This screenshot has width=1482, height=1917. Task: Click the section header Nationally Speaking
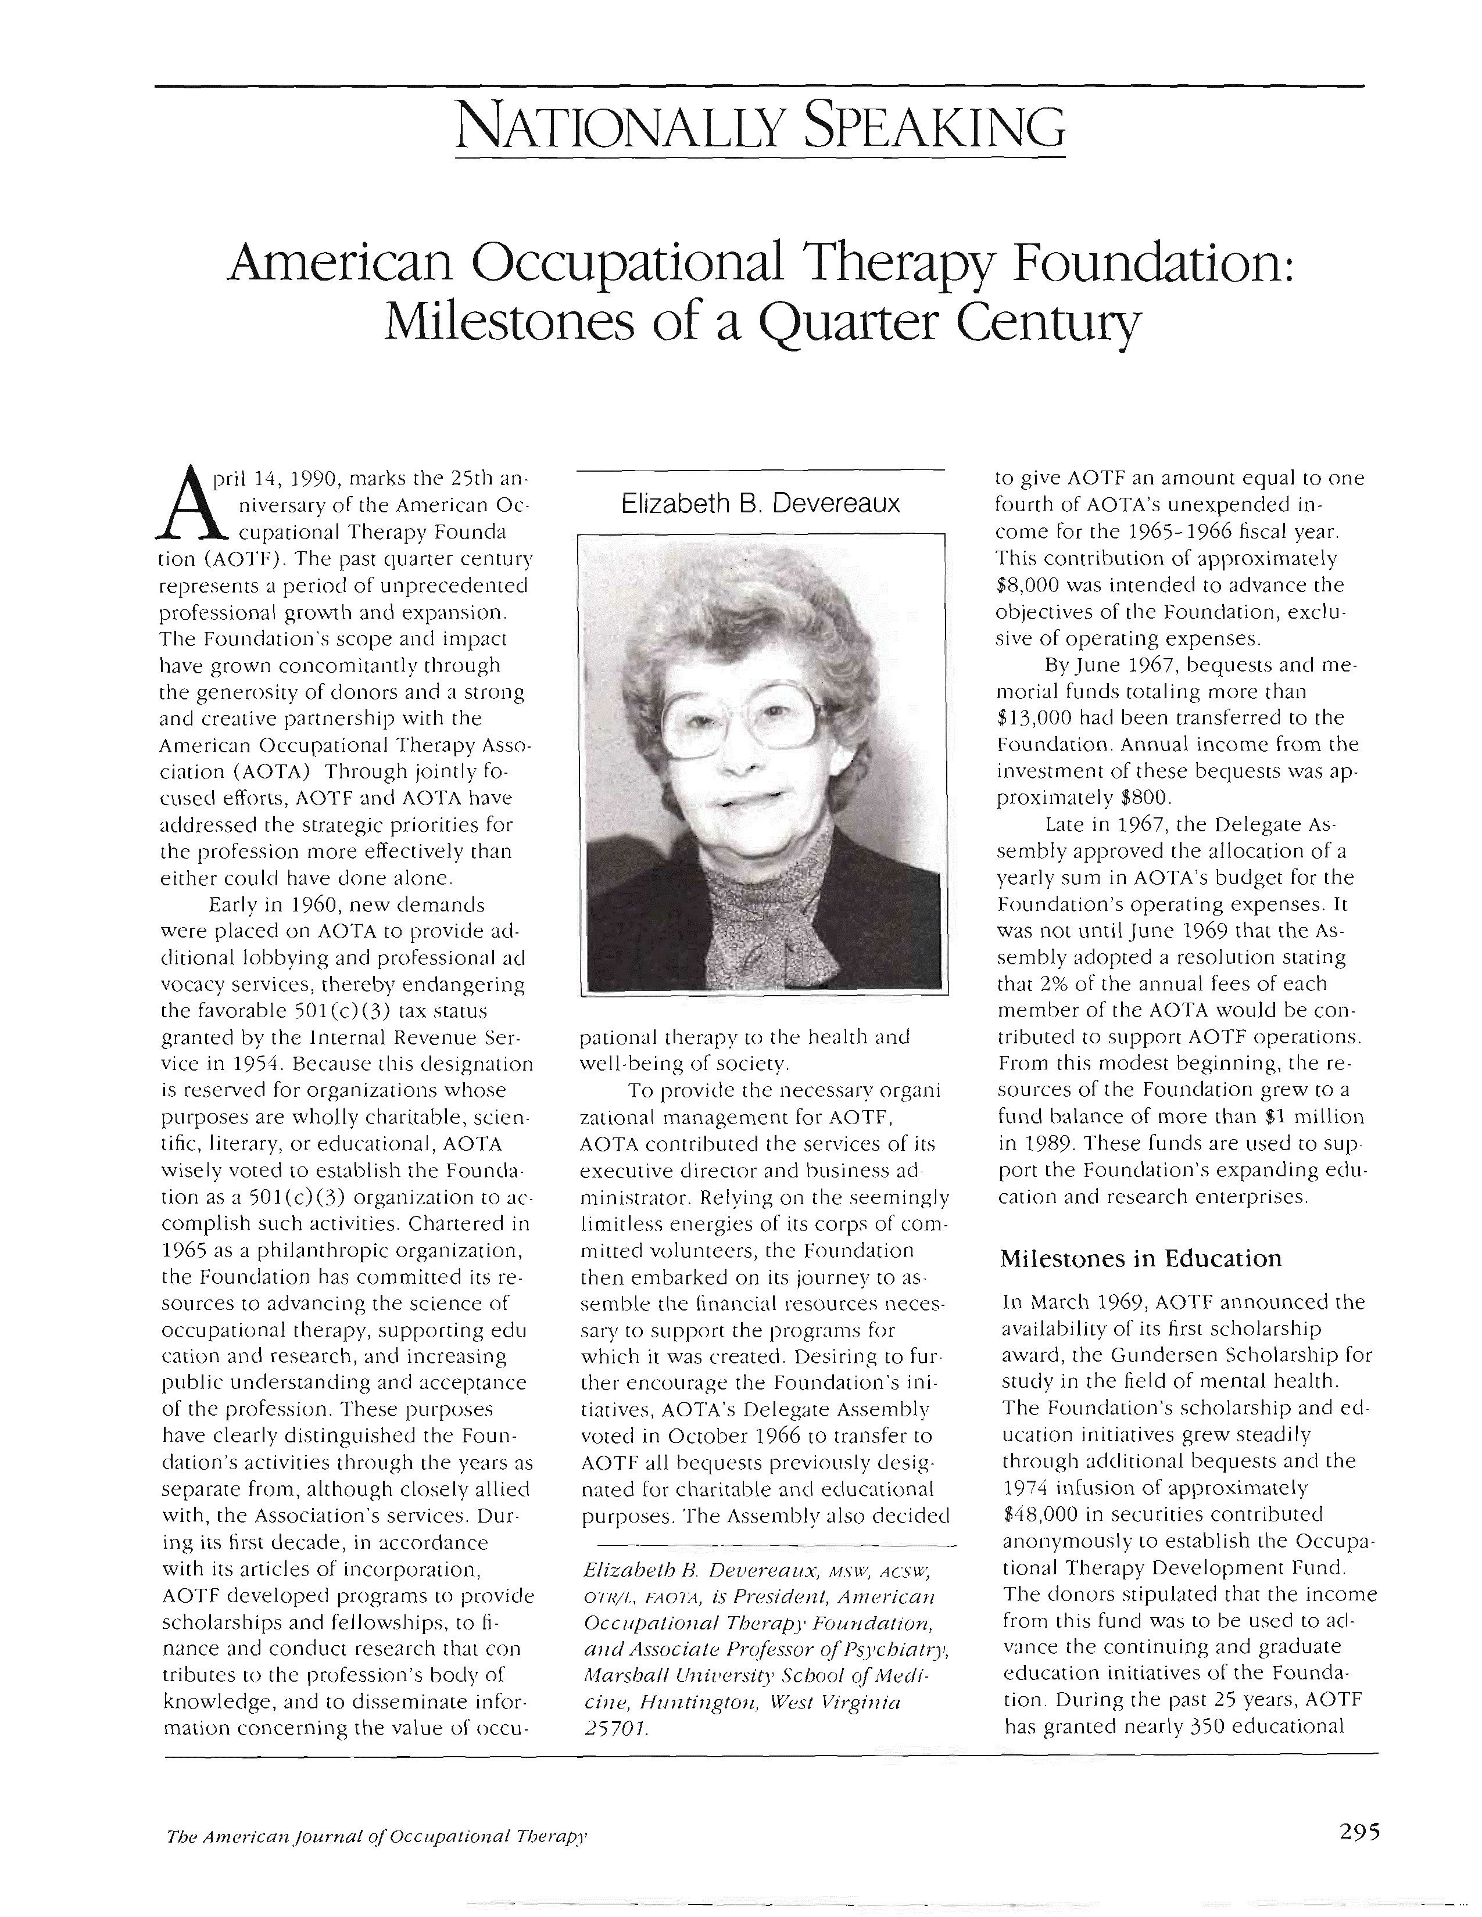click(x=760, y=127)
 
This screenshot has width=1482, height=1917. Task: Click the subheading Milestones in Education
click(x=1140, y=1258)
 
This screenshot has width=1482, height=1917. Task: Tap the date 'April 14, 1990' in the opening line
click(x=271, y=479)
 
